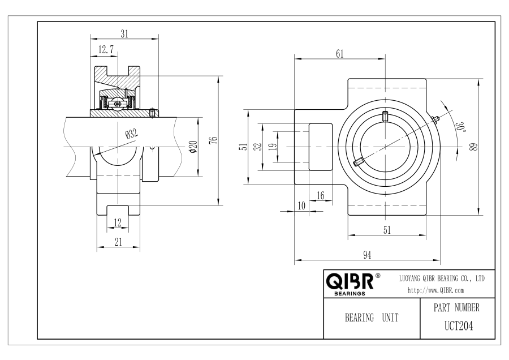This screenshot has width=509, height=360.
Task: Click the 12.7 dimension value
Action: (106, 50)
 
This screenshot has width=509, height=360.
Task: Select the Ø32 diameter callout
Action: (131, 134)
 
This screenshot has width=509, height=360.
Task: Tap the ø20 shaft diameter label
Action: (193, 147)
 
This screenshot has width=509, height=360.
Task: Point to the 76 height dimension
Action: (214, 140)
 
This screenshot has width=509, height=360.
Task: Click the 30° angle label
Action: (460, 127)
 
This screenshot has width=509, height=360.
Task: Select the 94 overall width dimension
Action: (367, 255)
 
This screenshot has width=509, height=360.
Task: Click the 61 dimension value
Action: (339, 54)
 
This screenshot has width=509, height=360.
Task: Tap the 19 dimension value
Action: (274, 147)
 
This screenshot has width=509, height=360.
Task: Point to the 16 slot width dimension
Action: (321, 196)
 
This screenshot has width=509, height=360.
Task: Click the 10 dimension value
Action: (301, 205)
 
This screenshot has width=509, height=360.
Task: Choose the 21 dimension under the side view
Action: (119, 242)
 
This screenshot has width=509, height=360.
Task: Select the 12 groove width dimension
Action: (118, 222)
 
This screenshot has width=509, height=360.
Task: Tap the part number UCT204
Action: (458, 326)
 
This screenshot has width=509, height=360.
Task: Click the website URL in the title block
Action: (435, 290)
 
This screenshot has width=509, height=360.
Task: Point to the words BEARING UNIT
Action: (372, 318)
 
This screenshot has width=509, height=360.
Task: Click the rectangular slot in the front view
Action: (321, 147)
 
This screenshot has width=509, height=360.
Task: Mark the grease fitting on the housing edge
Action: (436, 119)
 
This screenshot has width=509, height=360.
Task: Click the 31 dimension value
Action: (124, 34)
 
